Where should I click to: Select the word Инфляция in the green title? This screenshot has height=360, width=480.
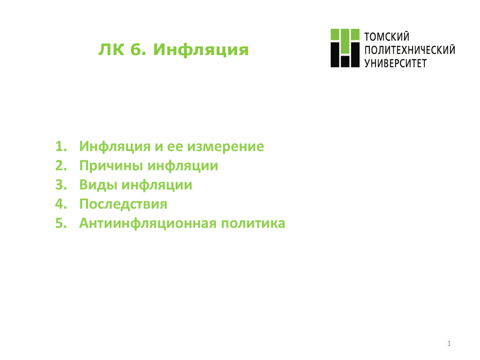click(201, 50)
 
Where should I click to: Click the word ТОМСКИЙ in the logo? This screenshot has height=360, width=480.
click(386, 36)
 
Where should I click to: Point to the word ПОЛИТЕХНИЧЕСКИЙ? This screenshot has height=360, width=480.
click(409, 50)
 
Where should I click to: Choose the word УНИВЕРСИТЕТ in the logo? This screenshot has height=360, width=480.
click(395, 63)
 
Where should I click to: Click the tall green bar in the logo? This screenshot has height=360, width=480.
click(345, 41)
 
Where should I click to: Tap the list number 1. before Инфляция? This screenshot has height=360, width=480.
click(61, 146)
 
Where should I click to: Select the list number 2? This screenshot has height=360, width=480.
click(61, 165)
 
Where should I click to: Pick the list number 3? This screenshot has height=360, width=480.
click(61, 185)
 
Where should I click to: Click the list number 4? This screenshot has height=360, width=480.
click(61, 204)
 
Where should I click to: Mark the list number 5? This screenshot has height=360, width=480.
click(61, 223)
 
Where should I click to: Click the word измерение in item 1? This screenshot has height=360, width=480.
click(225, 147)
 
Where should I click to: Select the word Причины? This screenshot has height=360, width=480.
click(111, 166)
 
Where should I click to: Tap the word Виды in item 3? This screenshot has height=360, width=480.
click(98, 185)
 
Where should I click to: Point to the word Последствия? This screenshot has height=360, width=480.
click(123, 204)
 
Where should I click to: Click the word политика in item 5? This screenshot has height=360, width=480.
click(253, 223)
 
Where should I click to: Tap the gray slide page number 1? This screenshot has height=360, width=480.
click(449, 343)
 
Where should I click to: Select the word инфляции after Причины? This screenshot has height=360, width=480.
click(183, 166)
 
